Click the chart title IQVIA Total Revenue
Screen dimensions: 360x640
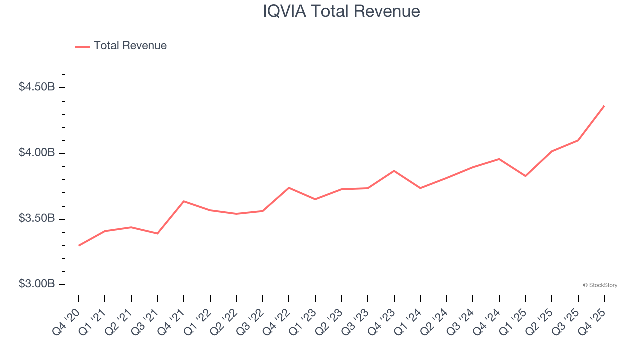click(341, 11)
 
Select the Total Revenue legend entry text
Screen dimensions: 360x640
click(130, 46)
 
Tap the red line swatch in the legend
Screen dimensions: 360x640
click(82, 46)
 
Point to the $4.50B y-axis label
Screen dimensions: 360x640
click(37, 87)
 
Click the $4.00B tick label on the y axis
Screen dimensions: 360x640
click(37, 153)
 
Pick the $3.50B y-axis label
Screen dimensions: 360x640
click(37, 218)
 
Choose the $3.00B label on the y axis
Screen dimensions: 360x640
click(37, 284)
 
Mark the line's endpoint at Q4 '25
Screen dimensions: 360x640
click(604, 106)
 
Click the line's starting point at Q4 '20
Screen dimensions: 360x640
click(79, 246)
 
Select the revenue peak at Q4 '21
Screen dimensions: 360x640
click(184, 201)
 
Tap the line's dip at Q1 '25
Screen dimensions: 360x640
click(525, 176)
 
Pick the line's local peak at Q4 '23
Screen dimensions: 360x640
click(394, 171)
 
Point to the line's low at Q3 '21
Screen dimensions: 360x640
click(157, 234)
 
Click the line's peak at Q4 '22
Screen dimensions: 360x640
click(289, 188)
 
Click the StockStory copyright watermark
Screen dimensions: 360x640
click(600, 285)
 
